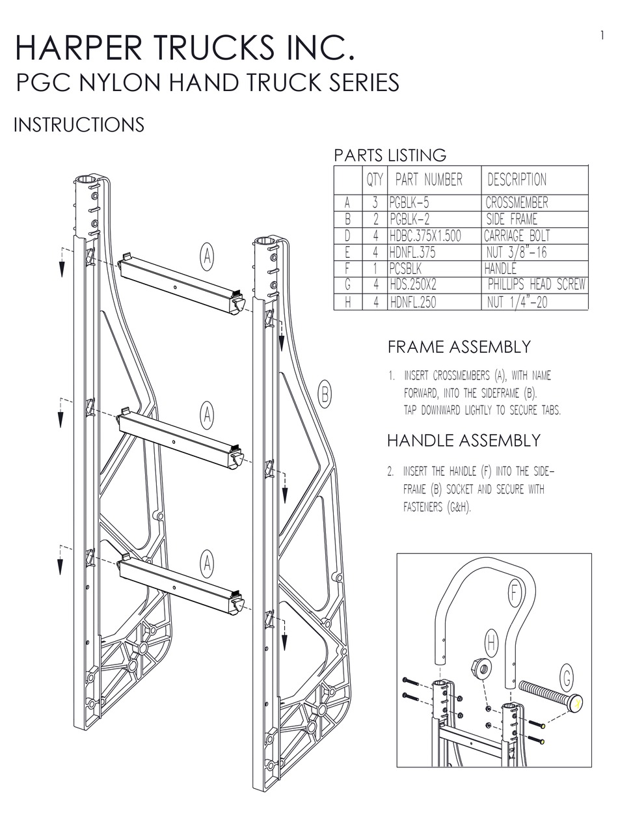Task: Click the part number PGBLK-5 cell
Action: tap(410, 203)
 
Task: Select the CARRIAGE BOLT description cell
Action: tap(517, 236)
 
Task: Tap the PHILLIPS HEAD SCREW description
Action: tap(537, 284)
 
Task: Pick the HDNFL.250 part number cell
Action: tap(413, 302)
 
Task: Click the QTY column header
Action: tap(375, 180)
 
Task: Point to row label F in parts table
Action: tap(347, 268)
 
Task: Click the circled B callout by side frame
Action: tap(325, 393)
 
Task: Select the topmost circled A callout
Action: tap(206, 257)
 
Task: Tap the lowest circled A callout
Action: tap(206, 563)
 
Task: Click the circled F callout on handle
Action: tap(514, 594)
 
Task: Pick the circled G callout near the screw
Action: tap(567, 680)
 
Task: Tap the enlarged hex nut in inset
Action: tap(481, 668)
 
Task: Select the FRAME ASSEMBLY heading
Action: tap(459, 347)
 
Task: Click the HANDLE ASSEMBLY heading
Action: tap(464, 441)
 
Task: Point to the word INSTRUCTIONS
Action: tap(79, 124)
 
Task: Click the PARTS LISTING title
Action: tap(390, 156)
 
